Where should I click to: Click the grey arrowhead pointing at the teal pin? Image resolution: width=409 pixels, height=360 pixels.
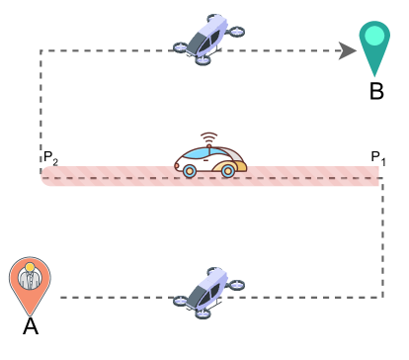pyautogui.click(x=347, y=50)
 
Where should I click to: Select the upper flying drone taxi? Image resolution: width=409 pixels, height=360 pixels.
pyautogui.click(x=208, y=39)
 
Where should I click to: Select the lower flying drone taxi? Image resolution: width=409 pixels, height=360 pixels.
pyautogui.click(x=208, y=292)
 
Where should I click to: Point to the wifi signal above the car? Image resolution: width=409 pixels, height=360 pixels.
pyautogui.click(x=208, y=137)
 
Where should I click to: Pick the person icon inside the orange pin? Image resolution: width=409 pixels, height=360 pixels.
pyautogui.click(x=30, y=278)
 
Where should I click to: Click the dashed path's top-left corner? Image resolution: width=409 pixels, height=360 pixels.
pyautogui.click(x=41, y=50)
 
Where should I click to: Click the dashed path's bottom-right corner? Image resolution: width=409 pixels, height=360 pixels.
pyautogui.click(x=382, y=296)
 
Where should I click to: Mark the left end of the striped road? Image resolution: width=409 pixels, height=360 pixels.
pyautogui.click(x=43, y=176)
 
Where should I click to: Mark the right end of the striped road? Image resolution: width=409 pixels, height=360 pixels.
pyautogui.click(x=377, y=176)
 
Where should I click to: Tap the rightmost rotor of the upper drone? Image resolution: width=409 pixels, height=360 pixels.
pyautogui.click(x=236, y=32)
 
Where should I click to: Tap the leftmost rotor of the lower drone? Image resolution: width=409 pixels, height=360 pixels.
pyautogui.click(x=181, y=301)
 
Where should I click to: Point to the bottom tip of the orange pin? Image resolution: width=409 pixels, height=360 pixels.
pyautogui.click(x=30, y=315)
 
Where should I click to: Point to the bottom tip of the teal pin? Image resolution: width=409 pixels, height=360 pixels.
pyautogui.click(x=374, y=75)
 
